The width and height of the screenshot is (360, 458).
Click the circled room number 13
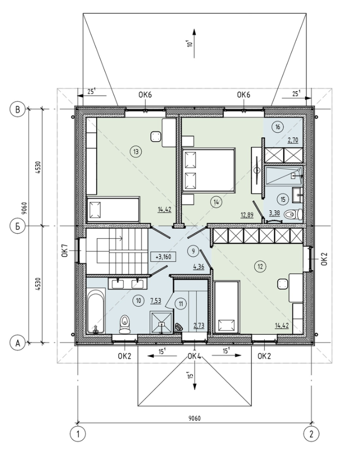(136, 152)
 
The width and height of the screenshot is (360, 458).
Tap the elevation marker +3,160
(163, 257)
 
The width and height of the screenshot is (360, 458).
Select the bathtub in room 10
(96, 310)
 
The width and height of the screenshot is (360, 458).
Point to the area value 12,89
(247, 215)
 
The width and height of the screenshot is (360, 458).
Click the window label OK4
(195, 356)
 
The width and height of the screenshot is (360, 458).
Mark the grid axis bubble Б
(18, 226)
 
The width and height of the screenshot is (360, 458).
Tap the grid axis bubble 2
(311, 434)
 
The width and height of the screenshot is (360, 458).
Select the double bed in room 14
(209, 171)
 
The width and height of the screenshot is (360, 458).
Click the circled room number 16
(278, 127)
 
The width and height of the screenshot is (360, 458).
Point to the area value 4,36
(199, 267)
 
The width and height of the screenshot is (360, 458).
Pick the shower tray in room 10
(161, 322)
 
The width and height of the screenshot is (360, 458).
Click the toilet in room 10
(125, 324)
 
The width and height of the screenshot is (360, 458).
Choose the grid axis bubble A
(18, 343)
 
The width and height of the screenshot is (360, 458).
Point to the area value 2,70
(293, 140)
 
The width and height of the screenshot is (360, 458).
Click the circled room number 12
(260, 266)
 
